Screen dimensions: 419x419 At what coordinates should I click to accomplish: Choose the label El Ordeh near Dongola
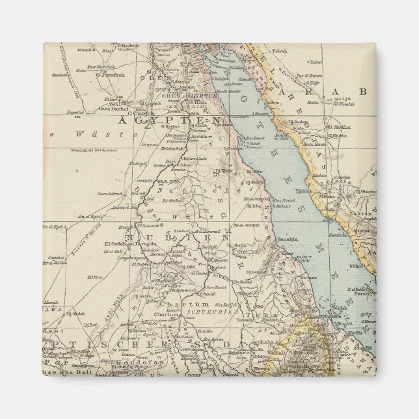114,244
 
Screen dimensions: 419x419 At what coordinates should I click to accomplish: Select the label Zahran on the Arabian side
362,213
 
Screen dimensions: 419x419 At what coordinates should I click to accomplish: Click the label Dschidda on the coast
304,191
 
